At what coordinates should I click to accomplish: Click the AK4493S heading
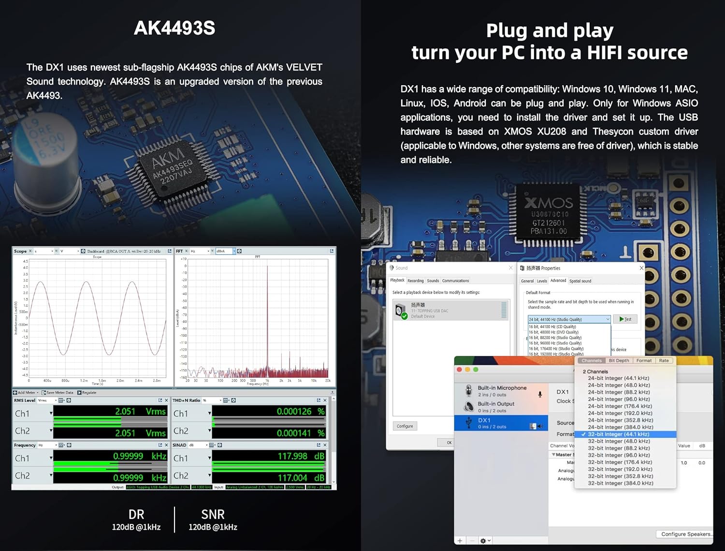point(174,28)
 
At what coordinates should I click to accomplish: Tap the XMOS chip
point(549,216)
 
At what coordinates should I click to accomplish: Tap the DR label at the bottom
point(136,515)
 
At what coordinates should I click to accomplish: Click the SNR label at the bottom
point(213,515)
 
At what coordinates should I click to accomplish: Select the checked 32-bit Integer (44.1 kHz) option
point(618,434)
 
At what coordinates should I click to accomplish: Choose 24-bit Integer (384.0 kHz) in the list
point(620,427)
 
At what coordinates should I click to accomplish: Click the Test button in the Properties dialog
point(625,319)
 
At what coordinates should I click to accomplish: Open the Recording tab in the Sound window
point(415,281)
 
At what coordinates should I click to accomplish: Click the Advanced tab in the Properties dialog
point(558,281)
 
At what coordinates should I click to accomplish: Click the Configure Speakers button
point(685,534)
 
